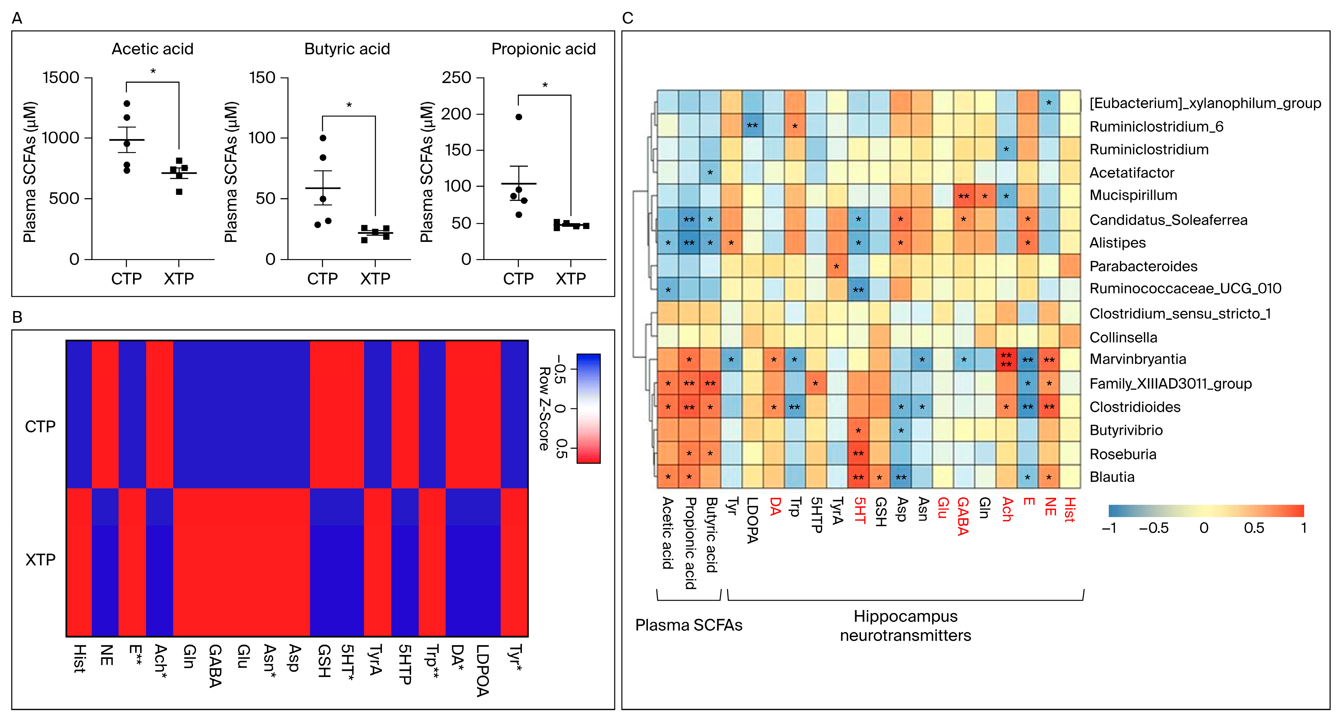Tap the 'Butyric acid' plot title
[347, 49]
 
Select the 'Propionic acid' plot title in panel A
[544, 49]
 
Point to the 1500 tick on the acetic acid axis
[61, 78]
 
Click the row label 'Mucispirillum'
[1133, 195]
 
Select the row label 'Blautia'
[1112, 477]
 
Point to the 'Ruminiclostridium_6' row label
[1156, 126]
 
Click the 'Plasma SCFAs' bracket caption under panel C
[688, 625]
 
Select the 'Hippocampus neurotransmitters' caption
[905, 625]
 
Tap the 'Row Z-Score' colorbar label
[544, 408]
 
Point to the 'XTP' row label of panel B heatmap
[40, 560]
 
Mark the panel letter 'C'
[628, 18]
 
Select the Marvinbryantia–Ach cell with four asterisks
[1006, 360]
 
